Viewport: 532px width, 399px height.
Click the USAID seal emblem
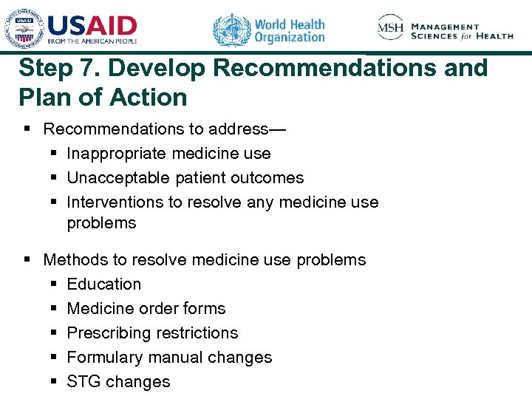[x=24, y=30]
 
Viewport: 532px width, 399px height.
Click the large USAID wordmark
[x=92, y=26]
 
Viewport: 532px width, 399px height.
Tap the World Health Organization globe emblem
[x=231, y=30]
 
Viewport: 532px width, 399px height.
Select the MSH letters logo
[x=390, y=28]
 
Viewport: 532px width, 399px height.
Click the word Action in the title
[x=150, y=97]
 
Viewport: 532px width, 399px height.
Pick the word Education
[x=103, y=284]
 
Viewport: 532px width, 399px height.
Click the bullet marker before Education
[x=55, y=284]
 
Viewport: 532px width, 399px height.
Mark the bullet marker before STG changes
[x=55, y=382]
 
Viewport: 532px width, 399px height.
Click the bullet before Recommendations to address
[x=27, y=129]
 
